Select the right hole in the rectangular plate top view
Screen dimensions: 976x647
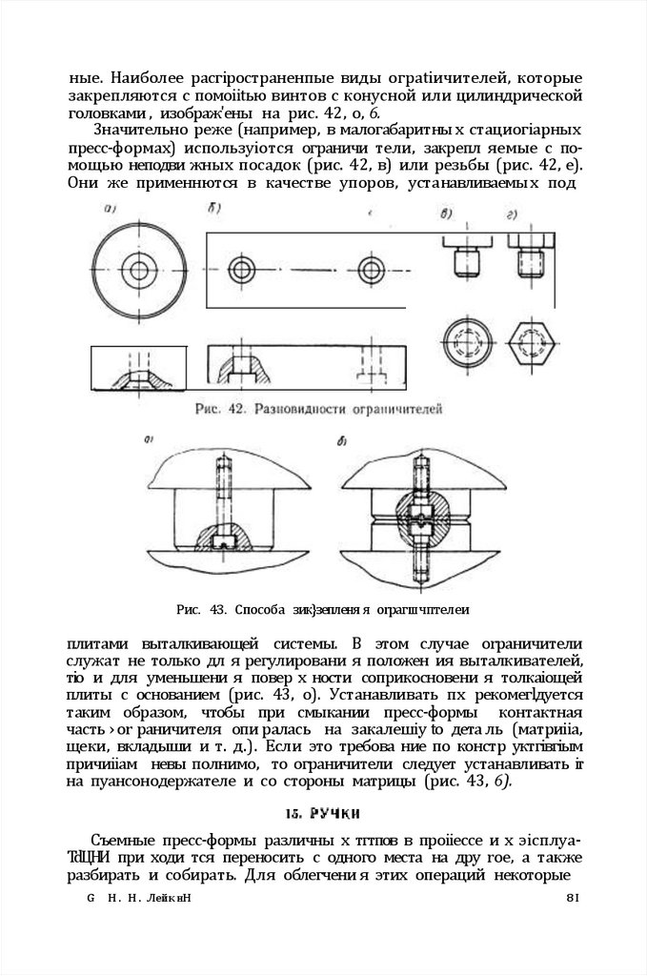(370, 265)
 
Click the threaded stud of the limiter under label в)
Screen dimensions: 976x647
(466, 259)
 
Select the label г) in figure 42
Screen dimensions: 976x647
(513, 213)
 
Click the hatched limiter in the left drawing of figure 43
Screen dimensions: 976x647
(225, 539)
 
